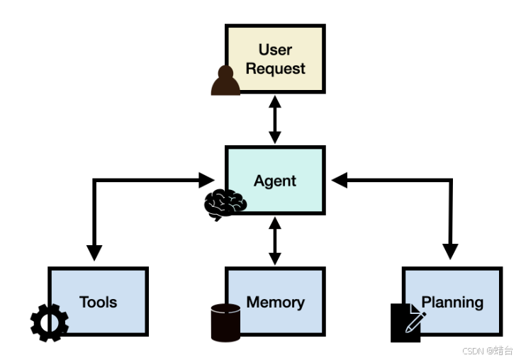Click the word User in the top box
tap(275, 50)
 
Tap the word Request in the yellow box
tap(275, 69)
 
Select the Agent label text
tap(275, 181)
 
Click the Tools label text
tap(98, 302)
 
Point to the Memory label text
tap(276, 303)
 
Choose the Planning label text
tap(452, 303)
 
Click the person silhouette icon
tap(225, 81)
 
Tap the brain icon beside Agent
tap(225, 204)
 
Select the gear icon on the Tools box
tap(50, 322)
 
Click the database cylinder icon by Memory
tap(225, 322)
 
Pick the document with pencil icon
tap(408, 322)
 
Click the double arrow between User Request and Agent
tap(275, 120)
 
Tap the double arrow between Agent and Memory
tap(275, 241)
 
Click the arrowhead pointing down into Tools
tap(94, 253)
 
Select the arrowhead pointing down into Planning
tap(451, 252)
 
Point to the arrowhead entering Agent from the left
tap(207, 180)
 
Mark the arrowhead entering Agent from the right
tap(340, 180)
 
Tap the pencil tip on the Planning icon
tap(407, 331)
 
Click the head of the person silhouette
tap(225, 72)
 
